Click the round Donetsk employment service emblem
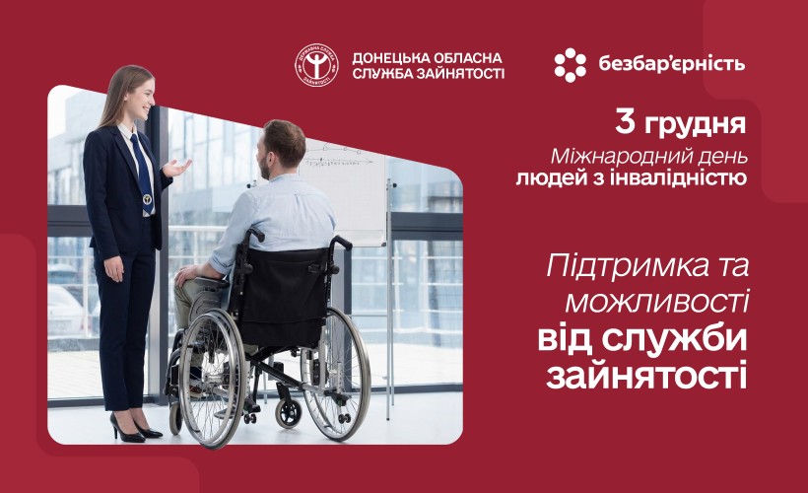pyautogui.click(x=317, y=65)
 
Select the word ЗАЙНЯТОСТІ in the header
pyautogui.click(x=463, y=74)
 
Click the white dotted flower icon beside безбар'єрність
pyautogui.click(x=570, y=65)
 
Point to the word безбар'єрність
pyautogui.click(x=671, y=65)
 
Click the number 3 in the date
pyautogui.click(x=625, y=123)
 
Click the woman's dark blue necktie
pyautogui.click(x=142, y=168)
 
